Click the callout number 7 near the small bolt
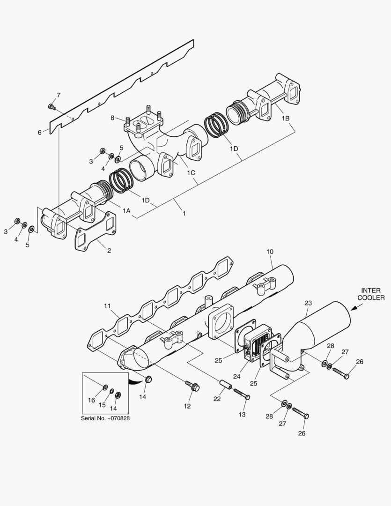click(x=59, y=95)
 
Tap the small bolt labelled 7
click(x=52, y=106)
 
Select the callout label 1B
click(x=285, y=119)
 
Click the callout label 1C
click(x=191, y=172)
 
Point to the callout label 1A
click(x=126, y=211)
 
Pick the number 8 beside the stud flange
click(x=112, y=118)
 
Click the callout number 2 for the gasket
click(x=109, y=250)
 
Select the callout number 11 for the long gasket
click(x=107, y=305)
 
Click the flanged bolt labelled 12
click(x=192, y=385)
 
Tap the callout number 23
click(x=308, y=303)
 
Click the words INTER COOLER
click(x=371, y=294)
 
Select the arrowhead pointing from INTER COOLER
click(x=354, y=308)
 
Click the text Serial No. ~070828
click(x=105, y=418)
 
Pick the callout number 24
click(x=237, y=376)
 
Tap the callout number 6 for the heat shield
click(x=40, y=132)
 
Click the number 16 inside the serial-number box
click(x=92, y=400)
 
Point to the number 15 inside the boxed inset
click(x=102, y=405)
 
